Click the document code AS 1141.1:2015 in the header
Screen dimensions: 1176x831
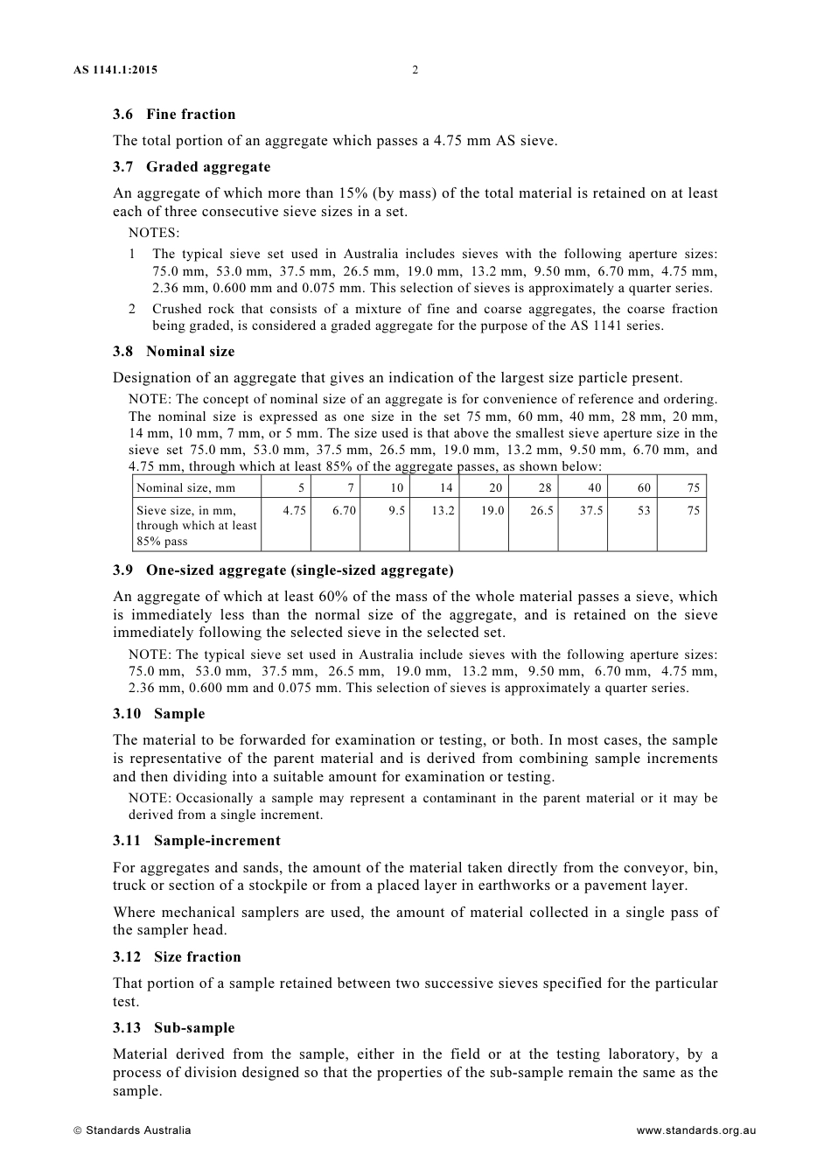coord(115,70)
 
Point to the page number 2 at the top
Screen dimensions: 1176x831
coord(415,70)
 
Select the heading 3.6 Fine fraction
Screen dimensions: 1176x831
coord(174,114)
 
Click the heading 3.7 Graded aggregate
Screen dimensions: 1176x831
coord(192,166)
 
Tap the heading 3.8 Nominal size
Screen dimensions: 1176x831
coord(173,351)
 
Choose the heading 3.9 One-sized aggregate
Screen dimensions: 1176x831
coord(283,570)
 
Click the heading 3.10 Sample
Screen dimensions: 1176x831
coord(158,713)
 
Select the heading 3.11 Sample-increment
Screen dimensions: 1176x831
coord(196,840)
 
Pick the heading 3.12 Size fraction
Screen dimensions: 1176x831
coord(177,956)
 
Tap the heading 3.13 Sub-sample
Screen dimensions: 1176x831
coord(173,1027)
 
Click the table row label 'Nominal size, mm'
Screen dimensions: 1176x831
coord(185,488)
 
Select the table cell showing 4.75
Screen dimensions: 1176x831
coord(295,510)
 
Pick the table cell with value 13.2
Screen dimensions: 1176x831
coord(443,510)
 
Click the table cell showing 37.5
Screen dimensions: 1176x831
coord(591,510)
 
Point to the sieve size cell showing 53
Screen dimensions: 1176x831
coord(644,510)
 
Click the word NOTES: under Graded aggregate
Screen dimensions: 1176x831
coord(154,233)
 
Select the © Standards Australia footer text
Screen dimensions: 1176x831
coord(132,1130)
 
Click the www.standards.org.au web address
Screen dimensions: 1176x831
coord(695,1130)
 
